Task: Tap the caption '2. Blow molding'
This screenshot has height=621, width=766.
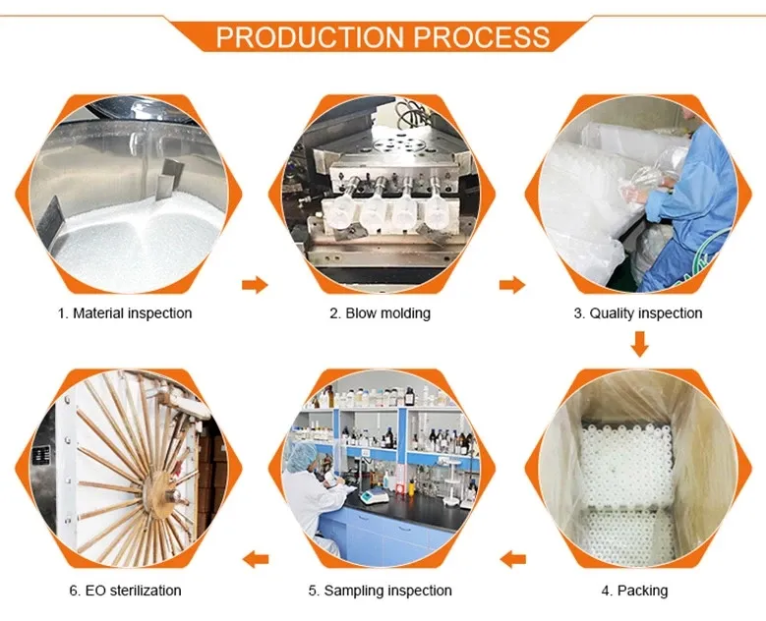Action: click(380, 313)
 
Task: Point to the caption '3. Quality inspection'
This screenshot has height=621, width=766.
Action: click(638, 313)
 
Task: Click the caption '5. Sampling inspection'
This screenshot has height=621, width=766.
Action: click(380, 591)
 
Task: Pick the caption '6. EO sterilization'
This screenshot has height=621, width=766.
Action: click(125, 591)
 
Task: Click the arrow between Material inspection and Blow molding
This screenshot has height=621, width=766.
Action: click(255, 285)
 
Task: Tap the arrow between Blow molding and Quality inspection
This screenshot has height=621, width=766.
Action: click(511, 285)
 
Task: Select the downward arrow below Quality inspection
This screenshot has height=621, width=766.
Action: click(640, 344)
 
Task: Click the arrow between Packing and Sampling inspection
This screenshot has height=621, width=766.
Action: click(512, 560)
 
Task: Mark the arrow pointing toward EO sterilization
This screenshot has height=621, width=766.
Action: click(256, 560)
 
